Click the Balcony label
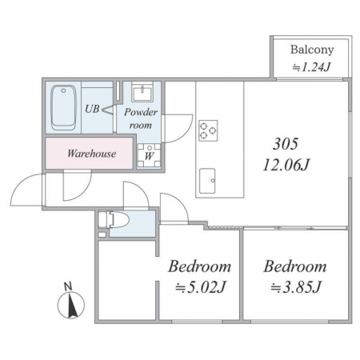[x=312, y=50]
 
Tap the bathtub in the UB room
[x=63, y=107]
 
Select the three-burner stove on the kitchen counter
[x=208, y=130]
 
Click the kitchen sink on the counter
[x=207, y=181]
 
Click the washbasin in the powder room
[x=142, y=92]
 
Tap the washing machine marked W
[x=149, y=156]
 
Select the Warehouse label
[x=92, y=154]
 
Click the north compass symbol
[x=71, y=305]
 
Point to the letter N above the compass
[x=68, y=286]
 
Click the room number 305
[x=286, y=144]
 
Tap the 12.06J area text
[x=286, y=165]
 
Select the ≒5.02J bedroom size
[x=201, y=287]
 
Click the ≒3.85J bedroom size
[x=296, y=287]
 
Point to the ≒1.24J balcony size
[x=311, y=67]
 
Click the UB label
[x=92, y=109]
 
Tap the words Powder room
[x=141, y=118]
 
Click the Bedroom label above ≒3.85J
[x=295, y=266]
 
